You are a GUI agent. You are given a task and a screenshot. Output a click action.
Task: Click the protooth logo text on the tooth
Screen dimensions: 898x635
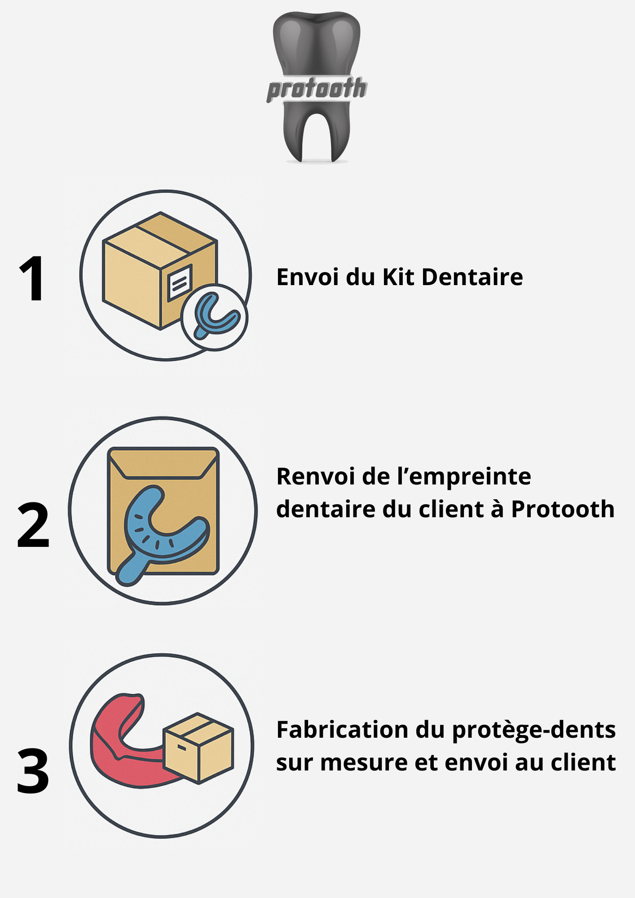(317, 88)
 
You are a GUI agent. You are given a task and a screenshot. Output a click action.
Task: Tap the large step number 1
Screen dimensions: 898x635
(32, 279)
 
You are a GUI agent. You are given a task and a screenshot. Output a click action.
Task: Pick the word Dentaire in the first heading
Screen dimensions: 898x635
(472, 277)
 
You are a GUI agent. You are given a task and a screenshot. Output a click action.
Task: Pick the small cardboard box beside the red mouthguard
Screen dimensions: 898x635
(198, 748)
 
